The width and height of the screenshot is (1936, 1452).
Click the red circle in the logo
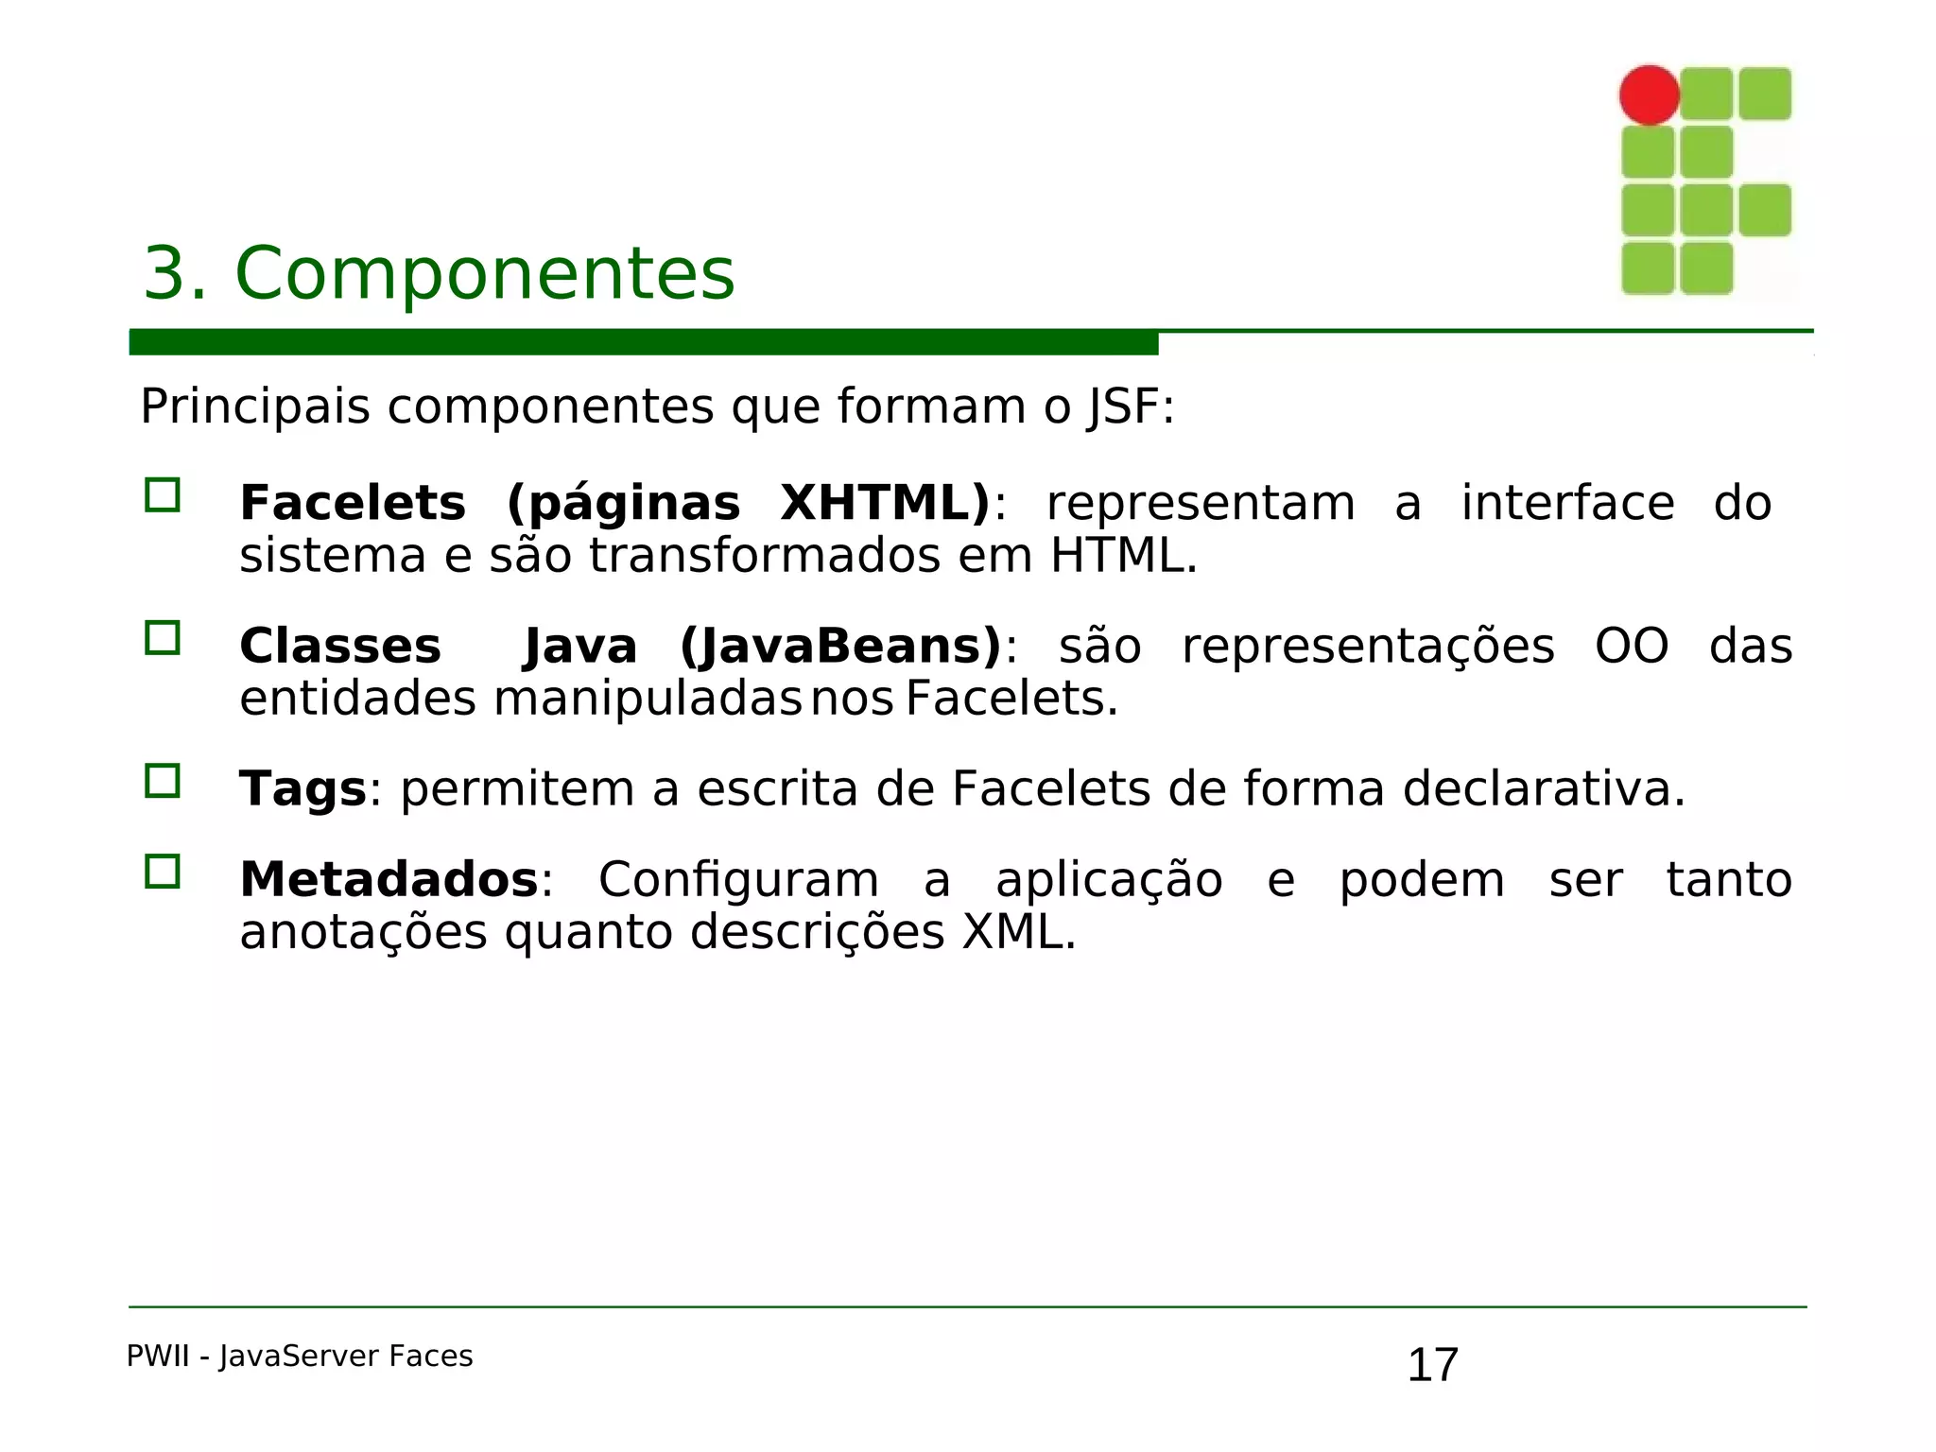point(1649,95)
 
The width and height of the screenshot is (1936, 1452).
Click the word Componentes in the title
point(484,274)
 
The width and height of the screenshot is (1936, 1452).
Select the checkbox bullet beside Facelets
point(163,495)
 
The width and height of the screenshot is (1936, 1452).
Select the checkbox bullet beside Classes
point(163,638)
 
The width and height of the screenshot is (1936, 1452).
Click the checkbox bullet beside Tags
point(163,782)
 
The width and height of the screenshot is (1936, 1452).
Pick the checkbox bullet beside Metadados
point(163,872)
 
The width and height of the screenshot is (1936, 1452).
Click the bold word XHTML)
point(885,503)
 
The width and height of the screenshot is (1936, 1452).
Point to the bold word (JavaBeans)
point(840,647)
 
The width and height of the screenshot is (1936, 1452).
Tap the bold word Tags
point(302,789)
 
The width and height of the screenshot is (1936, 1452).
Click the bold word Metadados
point(389,880)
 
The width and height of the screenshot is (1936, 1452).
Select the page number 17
point(1432,1365)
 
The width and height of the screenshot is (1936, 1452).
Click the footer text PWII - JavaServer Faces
point(300,1357)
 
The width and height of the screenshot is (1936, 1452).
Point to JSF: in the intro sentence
point(1131,408)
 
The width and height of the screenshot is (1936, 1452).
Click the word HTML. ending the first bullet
point(1123,556)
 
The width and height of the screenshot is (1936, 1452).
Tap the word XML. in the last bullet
point(1019,933)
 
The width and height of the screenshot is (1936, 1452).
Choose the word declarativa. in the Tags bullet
point(1544,789)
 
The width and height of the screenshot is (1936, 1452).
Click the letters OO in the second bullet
point(1632,648)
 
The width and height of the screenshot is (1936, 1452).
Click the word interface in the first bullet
point(1567,503)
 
